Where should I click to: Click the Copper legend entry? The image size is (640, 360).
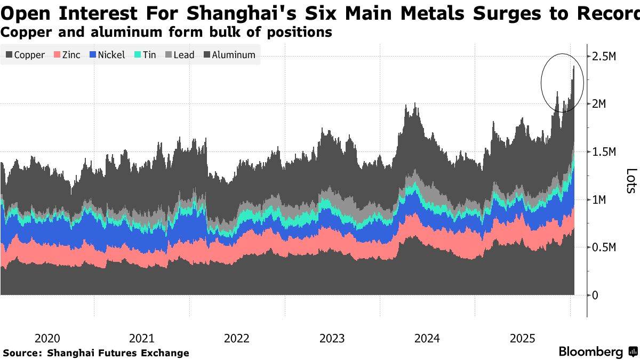tap(25, 55)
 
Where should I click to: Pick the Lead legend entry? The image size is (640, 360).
tap(180, 55)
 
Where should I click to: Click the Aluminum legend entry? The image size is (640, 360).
tap(229, 55)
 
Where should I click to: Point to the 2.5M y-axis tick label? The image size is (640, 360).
tap(605, 56)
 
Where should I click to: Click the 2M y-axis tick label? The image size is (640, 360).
tap(601, 103)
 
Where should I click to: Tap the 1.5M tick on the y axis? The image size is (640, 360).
tap(605, 152)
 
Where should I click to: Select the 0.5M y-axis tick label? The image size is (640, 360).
tap(605, 247)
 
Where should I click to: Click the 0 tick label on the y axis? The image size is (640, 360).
tap(595, 295)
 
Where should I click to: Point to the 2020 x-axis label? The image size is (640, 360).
tap(47, 338)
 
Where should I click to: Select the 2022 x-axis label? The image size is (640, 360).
tap(237, 338)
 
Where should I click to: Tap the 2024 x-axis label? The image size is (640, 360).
tap(427, 338)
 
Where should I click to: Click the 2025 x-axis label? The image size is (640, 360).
tap(522, 338)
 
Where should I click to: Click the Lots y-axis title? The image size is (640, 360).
tap(631, 181)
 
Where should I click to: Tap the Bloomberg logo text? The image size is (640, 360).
tap(590, 352)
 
